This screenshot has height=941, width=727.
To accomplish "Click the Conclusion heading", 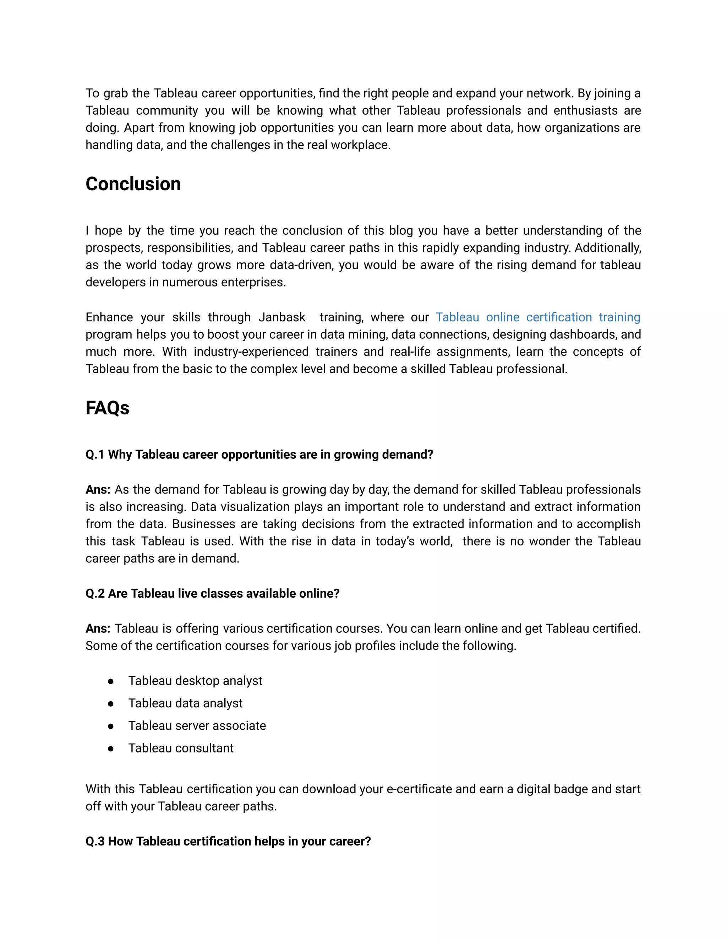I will (133, 184).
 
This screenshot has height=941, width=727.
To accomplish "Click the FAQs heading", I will (107, 408).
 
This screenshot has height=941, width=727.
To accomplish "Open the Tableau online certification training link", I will (537, 317).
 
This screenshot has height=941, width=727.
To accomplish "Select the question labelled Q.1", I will (259, 455).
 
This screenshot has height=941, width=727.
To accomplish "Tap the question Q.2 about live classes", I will (212, 593).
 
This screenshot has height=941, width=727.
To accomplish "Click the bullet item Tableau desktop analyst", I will (195, 680).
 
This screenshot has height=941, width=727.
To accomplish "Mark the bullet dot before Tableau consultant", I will (111, 749).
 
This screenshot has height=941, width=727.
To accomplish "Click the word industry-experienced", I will (251, 352).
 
